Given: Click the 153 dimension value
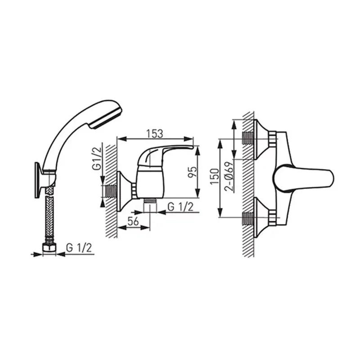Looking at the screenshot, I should (154, 133).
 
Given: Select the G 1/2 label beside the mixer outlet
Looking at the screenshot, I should (180, 207).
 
